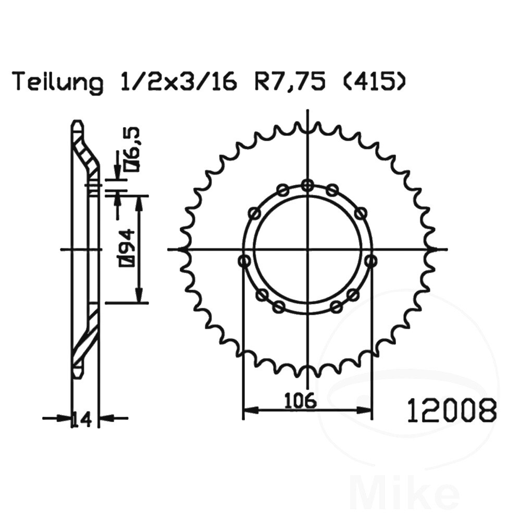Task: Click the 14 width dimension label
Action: pos(82,420)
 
